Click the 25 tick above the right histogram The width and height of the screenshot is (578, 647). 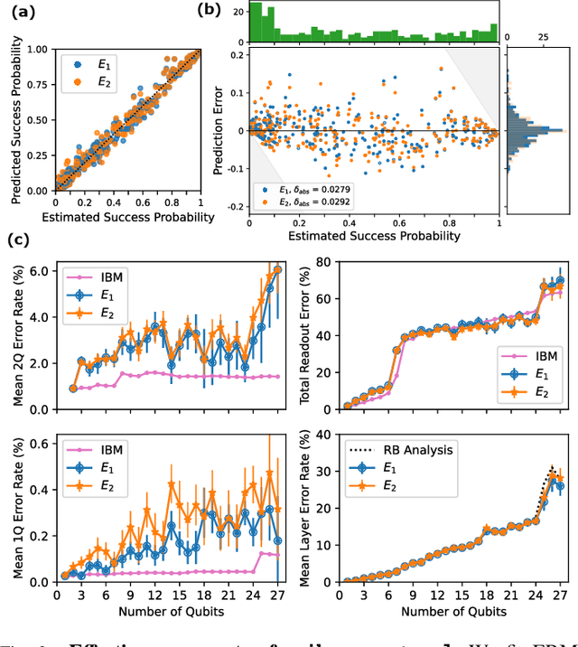tap(543, 37)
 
